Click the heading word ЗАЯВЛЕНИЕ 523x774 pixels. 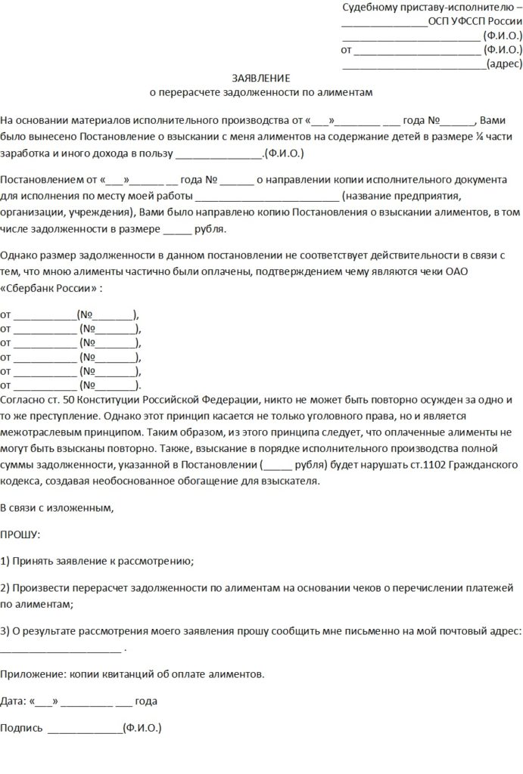[260, 78]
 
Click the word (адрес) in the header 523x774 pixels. [503, 64]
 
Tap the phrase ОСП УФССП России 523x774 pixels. [475, 22]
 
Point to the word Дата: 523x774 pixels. [14, 701]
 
